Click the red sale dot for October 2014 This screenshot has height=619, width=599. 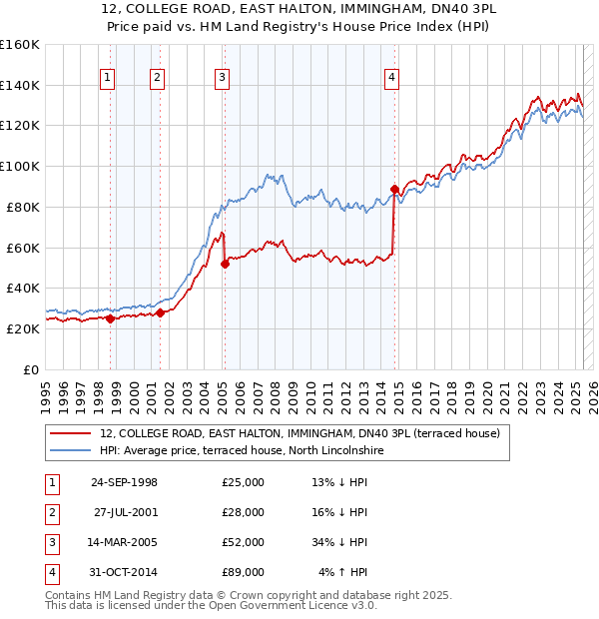(x=394, y=189)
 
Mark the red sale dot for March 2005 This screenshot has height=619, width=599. (x=225, y=264)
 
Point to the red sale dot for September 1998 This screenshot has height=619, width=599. (x=110, y=318)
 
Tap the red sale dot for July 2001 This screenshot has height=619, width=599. (x=160, y=312)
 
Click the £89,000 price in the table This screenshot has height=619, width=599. (x=244, y=572)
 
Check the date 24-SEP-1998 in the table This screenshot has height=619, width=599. (x=124, y=482)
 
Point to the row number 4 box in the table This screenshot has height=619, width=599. (x=50, y=572)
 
